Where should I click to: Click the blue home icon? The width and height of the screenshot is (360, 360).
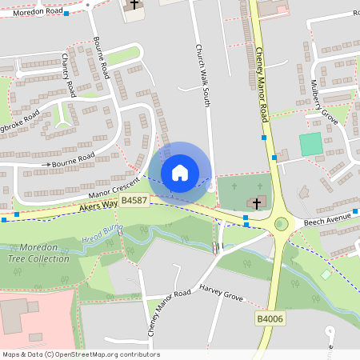tap(180, 173)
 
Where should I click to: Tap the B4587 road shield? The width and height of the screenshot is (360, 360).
tap(133, 200)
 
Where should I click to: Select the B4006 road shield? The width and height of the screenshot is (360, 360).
tap(268, 318)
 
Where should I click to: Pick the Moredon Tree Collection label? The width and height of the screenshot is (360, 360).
tap(38, 252)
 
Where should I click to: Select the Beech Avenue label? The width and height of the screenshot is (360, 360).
tap(326, 218)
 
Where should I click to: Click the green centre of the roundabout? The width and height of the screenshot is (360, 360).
tap(281, 223)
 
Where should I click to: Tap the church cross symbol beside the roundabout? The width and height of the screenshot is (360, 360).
tap(257, 203)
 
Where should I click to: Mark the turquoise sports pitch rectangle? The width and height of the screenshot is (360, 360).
tap(310, 144)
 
